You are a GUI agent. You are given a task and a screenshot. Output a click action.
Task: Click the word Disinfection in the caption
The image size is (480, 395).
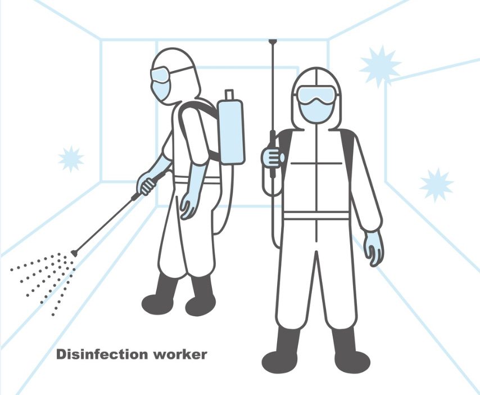click(x=102, y=354)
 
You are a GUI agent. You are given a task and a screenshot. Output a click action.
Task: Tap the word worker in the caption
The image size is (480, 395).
click(x=180, y=355)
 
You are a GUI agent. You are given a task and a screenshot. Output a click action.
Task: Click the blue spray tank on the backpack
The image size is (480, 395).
click(x=231, y=131)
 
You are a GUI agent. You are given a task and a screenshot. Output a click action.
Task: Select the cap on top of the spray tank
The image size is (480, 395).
click(x=229, y=94)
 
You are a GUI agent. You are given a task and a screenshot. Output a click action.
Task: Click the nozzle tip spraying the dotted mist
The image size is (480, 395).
click(x=74, y=253)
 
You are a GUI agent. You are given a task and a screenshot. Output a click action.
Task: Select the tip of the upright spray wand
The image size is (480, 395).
click(x=273, y=41)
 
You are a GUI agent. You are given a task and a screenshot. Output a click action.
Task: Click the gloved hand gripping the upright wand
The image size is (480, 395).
click(x=272, y=157)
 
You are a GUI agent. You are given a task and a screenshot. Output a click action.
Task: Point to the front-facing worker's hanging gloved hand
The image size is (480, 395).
click(x=373, y=248)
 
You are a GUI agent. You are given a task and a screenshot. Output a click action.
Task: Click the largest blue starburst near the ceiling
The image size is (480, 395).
click(x=379, y=66)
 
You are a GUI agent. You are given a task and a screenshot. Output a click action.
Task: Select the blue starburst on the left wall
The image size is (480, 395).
click(x=71, y=159)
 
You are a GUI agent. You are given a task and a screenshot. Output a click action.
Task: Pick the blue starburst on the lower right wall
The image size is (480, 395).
click(x=436, y=185)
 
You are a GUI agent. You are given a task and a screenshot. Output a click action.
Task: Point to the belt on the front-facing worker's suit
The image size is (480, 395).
click(x=316, y=216)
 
